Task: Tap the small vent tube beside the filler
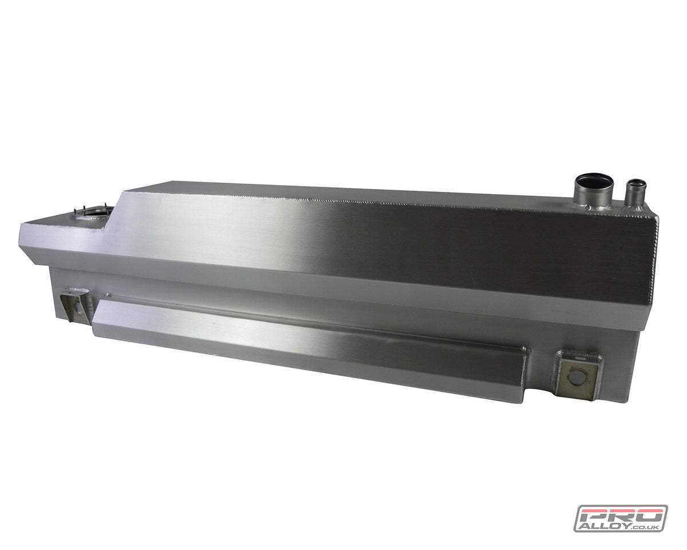[x=635, y=194]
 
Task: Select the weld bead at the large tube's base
[x=593, y=205]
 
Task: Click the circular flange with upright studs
[x=92, y=214]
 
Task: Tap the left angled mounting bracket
[x=75, y=306]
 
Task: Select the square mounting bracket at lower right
[x=578, y=375]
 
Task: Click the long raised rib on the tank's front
[x=309, y=344]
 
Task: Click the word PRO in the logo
[x=621, y=516]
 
